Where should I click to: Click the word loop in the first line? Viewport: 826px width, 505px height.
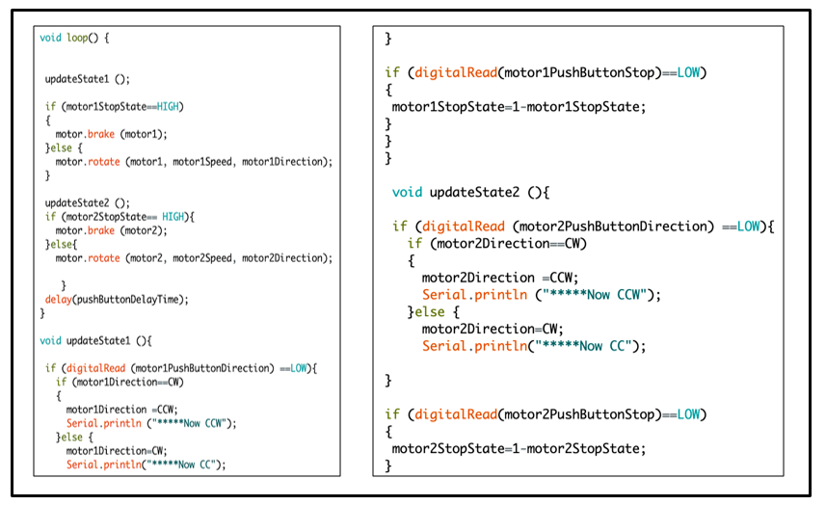coord(81,38)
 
